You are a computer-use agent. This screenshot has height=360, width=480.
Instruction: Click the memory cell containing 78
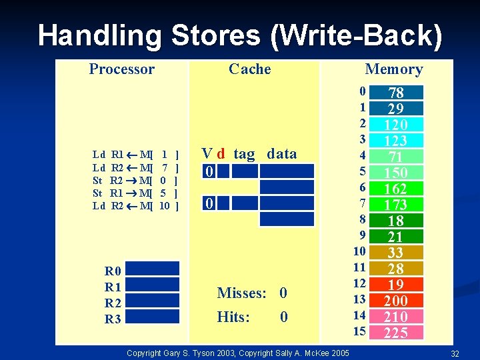396,93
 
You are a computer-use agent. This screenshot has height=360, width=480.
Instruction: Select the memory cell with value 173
396,205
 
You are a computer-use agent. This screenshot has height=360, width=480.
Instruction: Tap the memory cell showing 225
396,333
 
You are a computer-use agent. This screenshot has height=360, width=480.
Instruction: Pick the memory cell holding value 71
396,157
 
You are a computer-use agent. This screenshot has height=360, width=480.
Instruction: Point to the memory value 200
396,301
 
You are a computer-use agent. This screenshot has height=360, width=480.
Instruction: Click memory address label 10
359,251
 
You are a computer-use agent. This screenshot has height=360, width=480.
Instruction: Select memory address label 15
359,331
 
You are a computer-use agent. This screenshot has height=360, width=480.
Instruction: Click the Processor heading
121,69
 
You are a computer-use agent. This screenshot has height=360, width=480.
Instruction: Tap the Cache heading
249,69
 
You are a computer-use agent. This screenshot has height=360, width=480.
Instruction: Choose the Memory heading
393,69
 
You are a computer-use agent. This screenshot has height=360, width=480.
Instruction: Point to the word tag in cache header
244,154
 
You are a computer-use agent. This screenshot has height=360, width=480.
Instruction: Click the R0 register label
113,271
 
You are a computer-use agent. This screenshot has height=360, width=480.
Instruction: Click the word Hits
233,317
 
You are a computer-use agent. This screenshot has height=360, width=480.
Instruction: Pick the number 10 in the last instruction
164,206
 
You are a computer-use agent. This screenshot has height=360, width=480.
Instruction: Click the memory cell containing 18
396,221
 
